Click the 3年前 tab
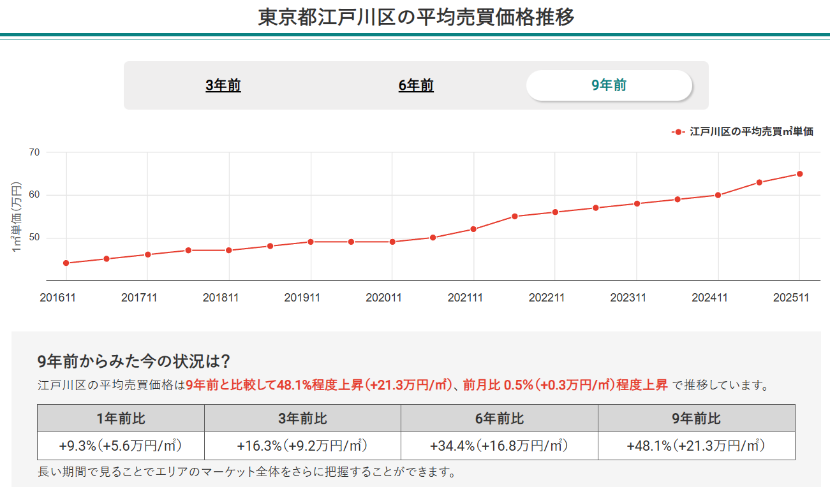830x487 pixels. (223, 85)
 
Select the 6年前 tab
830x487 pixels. (416, 85)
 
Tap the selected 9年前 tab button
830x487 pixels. (609, 85)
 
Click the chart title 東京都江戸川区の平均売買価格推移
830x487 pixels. (416, 17)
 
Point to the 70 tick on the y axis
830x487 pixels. (34, 152)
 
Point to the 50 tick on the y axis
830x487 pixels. (34, 238)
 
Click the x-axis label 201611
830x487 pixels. (57, 298)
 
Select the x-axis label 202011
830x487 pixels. (383, 298)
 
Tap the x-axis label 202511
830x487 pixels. (791, 298)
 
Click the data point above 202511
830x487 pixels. (799, 173)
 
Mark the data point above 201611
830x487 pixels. (66, 263)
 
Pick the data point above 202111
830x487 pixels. (473, 229)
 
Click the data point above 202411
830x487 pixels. (718, 195)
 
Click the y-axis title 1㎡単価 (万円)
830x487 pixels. (17, 217)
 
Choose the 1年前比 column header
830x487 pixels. (121, 418)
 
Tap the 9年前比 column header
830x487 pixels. (696, 418)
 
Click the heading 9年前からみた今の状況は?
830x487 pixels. (134, 361)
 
